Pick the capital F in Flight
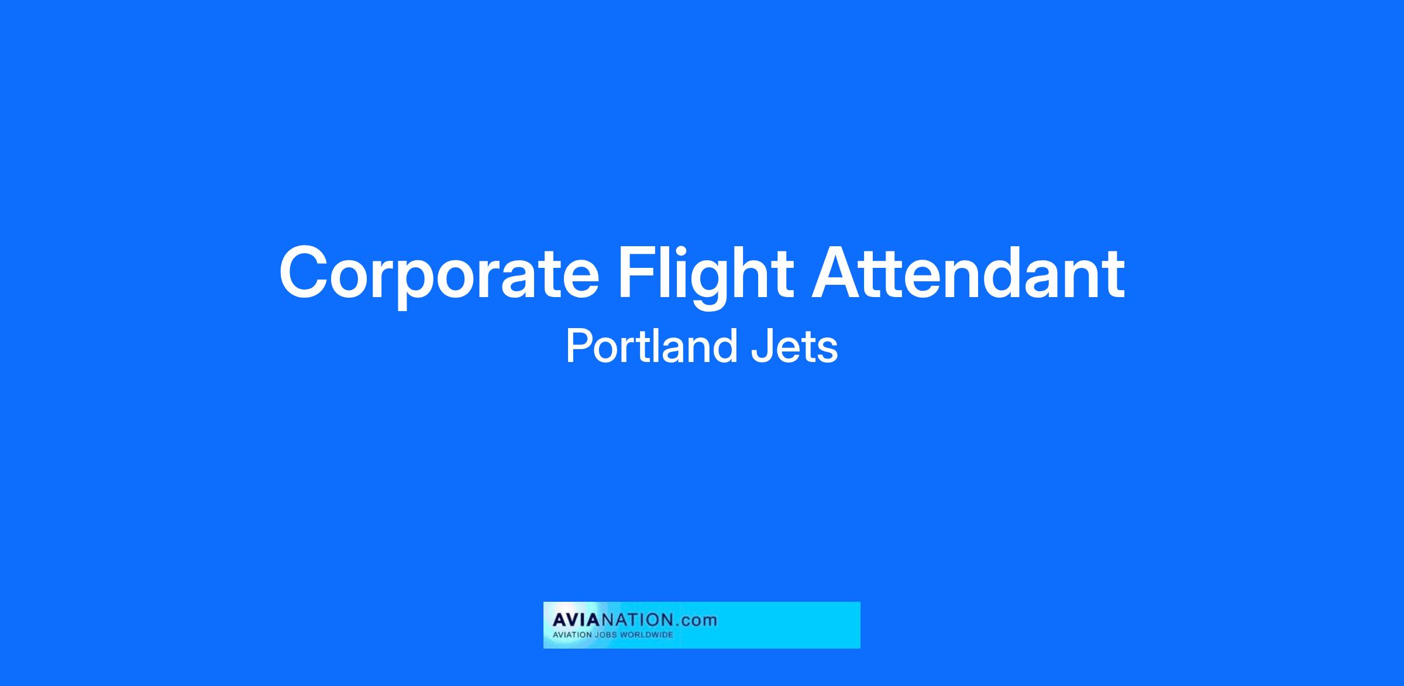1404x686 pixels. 637,272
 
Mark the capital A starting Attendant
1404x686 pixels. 838,272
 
